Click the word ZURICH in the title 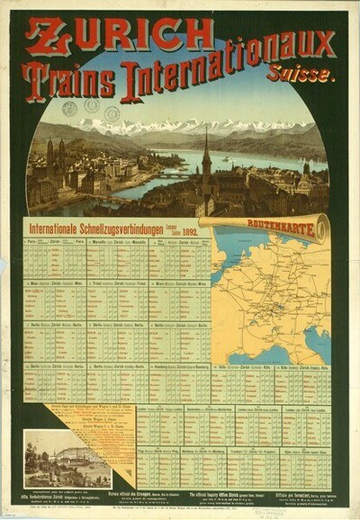click(119, 35)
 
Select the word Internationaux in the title click(226, 77)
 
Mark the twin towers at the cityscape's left click(56, 153)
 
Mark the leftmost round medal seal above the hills click(69, 108)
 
